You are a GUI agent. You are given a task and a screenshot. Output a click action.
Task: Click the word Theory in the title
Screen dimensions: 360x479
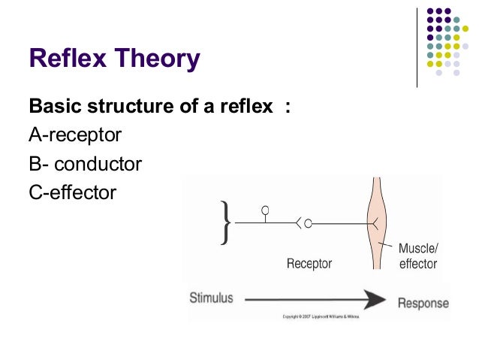pos(161,59)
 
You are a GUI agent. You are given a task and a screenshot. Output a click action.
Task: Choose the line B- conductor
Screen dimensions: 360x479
pos(85,164)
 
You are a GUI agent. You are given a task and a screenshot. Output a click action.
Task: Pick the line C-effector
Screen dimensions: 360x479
pos(73,192)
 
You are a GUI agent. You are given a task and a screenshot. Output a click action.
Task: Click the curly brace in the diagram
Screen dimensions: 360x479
pos(225,222)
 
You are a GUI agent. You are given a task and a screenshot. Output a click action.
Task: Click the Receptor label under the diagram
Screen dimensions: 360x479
pos(309,264)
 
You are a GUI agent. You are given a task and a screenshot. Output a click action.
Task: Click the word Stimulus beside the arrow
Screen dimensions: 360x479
pos(211,298)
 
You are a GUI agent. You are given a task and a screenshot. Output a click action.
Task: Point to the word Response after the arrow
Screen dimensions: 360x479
pos(423,304)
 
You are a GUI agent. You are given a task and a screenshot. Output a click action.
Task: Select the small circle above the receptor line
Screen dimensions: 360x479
pos(265,209)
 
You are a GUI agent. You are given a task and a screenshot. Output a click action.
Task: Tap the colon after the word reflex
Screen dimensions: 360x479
pos(287,107)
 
